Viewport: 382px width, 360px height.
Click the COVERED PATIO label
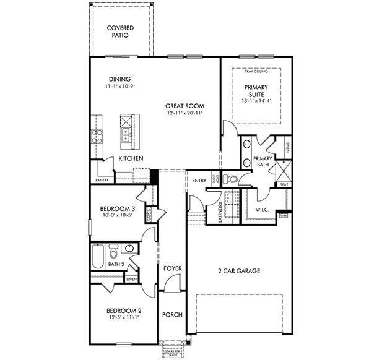pos(121,32)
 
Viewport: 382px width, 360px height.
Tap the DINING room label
pos(119,79)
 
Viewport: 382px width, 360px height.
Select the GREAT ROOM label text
pos(184,106)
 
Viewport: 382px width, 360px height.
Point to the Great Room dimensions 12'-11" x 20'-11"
pos(184,114)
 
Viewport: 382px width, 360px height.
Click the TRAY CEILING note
pos(256,72)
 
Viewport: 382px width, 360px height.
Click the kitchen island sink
pos(126,135)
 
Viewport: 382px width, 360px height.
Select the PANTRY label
pos(102,180)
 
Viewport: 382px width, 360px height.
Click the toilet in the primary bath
pos(231,179)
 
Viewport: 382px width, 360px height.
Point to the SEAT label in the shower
pos(284,185)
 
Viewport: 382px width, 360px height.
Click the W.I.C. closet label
pos(263,209)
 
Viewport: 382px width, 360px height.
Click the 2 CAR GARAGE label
pos(238,271)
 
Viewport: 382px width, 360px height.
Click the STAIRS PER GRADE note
pos(173,352)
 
